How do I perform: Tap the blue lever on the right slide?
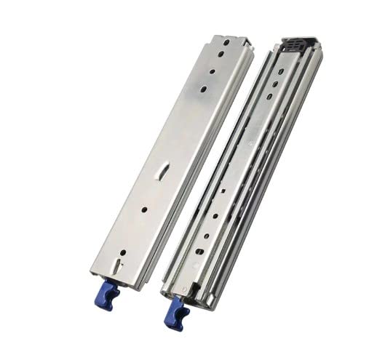click(176, 311)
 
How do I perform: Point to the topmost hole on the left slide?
click(226, 43)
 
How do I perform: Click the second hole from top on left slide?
click(218, 57)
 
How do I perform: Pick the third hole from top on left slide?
click(211, 72)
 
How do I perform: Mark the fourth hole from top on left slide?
click(203, 89)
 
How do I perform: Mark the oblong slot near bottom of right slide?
click(199, 251)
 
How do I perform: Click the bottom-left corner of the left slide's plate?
click(92, 276)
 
